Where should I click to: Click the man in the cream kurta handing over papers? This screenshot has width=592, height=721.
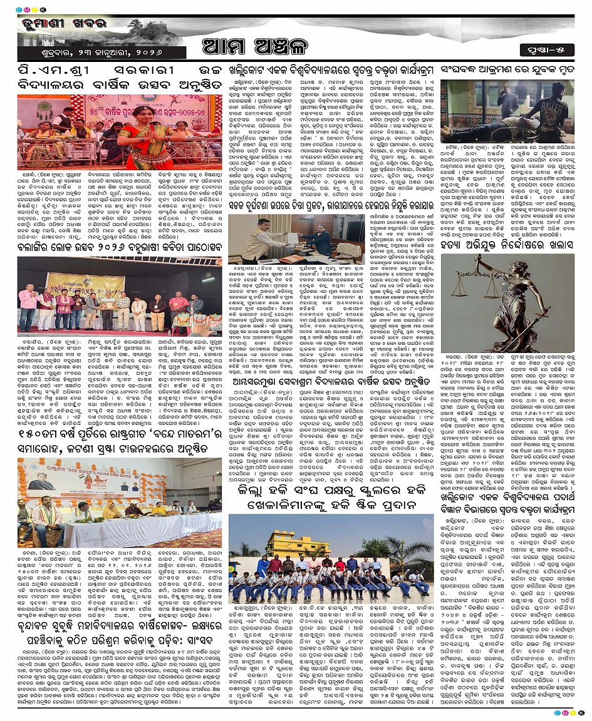point(251,237)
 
